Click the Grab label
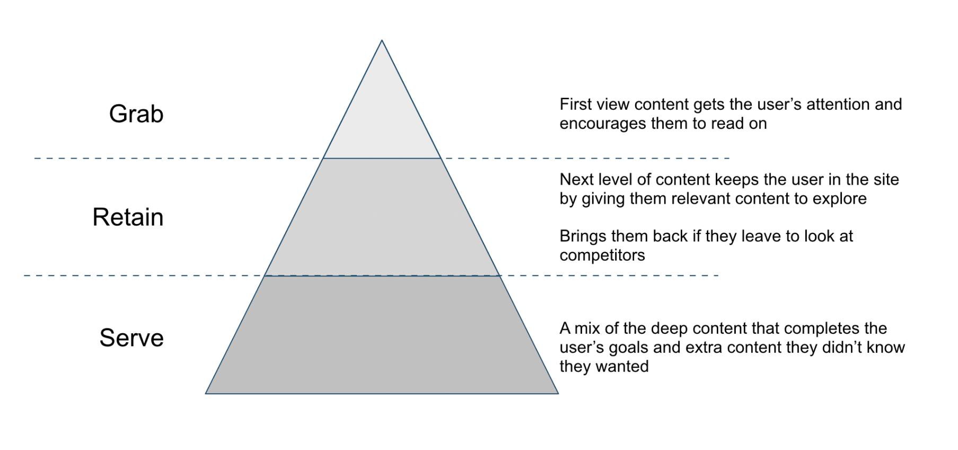click(x=136, y=114)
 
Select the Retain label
click(x=128, y=218)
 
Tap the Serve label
click(x=131, y=338)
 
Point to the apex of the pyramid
click(x=382, y=41)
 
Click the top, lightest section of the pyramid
click(x=382, y=122)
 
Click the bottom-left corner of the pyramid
click(x=206, y=393)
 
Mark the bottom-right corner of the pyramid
click(x=558, y=393)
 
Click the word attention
click(x=838, y=105)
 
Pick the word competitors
click(x=602, y=256)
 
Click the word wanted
click(x=622, y=367)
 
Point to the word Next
click(x=576, y=180)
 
